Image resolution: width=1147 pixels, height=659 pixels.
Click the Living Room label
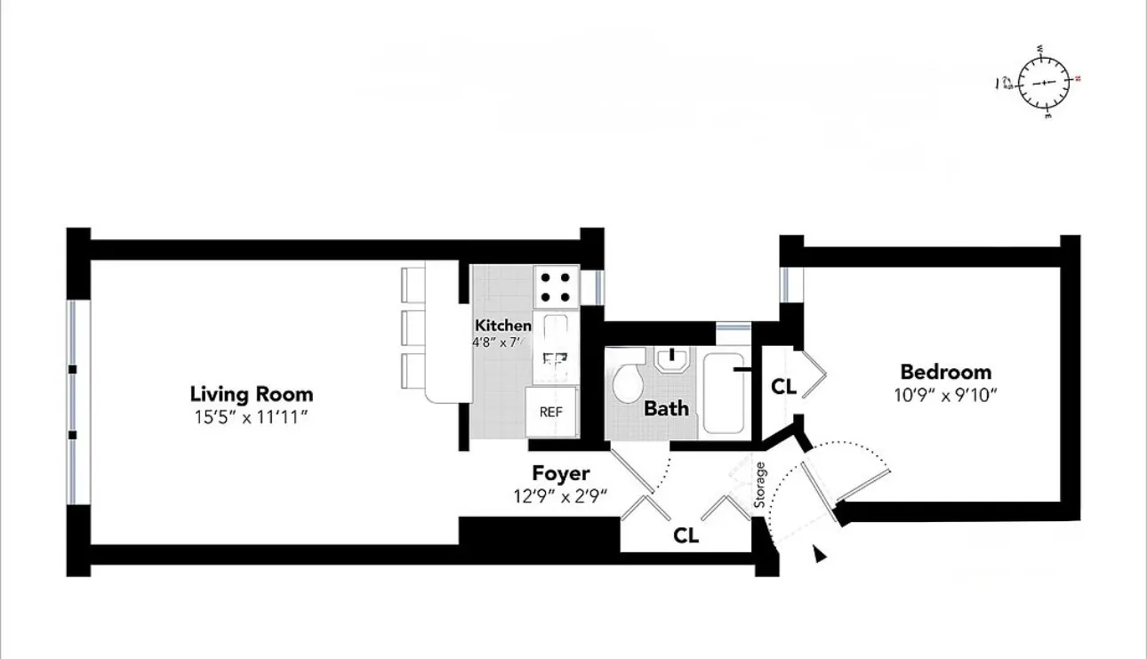tap(252, 393)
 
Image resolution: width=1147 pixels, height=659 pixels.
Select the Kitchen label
tap(502, 325)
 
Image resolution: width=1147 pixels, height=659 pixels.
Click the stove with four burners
tap(556, 287)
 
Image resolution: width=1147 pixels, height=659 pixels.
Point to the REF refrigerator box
tap(551, 413)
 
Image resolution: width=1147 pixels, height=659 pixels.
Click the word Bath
tap(666, 409)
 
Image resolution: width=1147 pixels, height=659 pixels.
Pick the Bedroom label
tap(945, 372)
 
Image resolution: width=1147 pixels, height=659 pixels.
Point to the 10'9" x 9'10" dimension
tap(945, 394)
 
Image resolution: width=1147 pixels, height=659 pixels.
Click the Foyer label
tap(560, 473)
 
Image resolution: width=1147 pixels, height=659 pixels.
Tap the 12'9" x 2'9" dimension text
tap(560, 496)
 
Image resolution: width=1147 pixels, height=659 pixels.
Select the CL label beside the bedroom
tap(782, 387)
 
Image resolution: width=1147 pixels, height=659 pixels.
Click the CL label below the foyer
tap(686, 535)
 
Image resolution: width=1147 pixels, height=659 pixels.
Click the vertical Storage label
tap(760, 485)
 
